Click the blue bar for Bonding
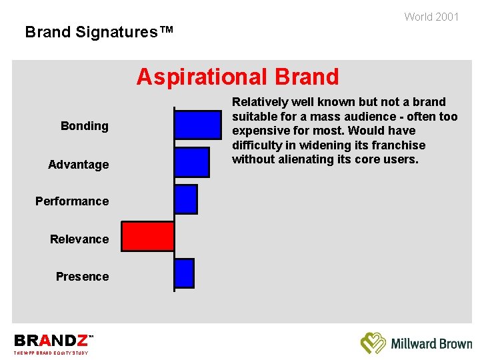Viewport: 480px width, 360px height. tap(197, 125)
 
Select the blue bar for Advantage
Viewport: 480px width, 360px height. tap(191, 162)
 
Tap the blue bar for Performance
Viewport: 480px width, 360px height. tap(185, 199)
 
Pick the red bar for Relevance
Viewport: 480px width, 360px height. tap(147, 237)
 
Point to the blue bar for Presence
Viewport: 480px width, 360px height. tap(184, 273)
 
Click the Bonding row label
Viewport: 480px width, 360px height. tap(84, 126)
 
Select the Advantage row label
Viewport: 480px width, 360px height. tap(78, 165)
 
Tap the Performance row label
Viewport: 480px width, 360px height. tap(72, 201)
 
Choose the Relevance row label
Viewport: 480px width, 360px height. tap(79, 239)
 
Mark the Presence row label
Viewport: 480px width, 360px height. tap(82, 277)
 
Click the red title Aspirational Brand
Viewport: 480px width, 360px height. tap(237, 77)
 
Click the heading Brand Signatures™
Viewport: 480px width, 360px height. tap(99, 32)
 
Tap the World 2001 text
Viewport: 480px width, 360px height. tap(431, 17)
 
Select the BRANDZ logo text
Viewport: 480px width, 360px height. tap(51, 341)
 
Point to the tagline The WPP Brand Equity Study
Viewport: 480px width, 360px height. tap(51, 353)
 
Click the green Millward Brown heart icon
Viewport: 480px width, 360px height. tap(373, 343)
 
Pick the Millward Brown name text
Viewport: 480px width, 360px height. tap(431, 344)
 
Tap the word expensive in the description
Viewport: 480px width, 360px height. tap(261, 131)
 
